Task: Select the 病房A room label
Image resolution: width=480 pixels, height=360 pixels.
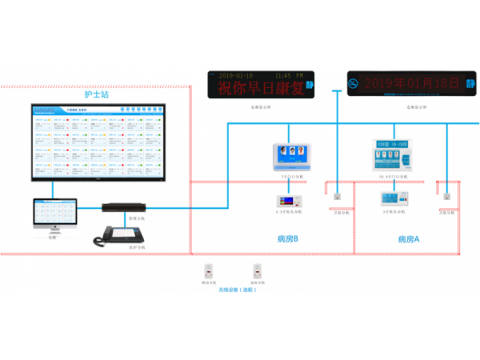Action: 408,239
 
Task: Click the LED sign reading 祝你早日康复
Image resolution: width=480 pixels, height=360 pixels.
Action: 259,83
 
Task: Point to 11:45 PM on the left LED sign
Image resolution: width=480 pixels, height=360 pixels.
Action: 289,73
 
